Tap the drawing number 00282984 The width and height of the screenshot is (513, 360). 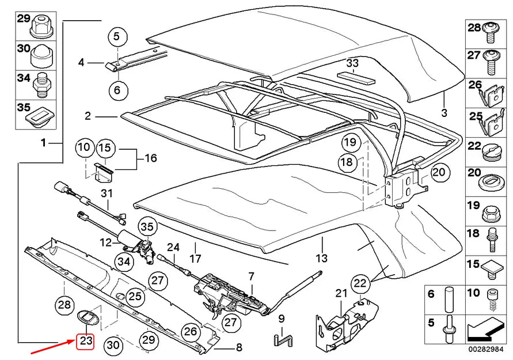click(x=488, y=349)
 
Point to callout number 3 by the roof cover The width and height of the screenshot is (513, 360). click(x=444, y=112)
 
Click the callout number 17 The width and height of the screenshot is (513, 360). click(x=195, y=258)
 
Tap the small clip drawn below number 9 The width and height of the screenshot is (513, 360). click(x=281, y=339)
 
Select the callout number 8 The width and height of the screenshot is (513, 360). click(x=238, y=347)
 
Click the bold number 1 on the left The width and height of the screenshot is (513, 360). click(x=43, y=142)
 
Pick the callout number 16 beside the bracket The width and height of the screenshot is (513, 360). click(x=150, y=158)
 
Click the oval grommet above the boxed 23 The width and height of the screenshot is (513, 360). click(x=87, y=316)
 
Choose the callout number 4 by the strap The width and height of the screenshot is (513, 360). click(x=81, y=62)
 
